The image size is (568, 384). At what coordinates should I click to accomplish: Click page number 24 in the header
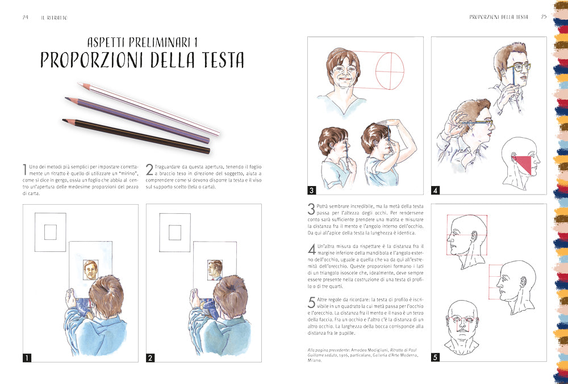tap(26, 17)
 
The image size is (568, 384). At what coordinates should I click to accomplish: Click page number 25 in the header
tap(543, 17)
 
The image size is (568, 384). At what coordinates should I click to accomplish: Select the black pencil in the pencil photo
tap(136, 136)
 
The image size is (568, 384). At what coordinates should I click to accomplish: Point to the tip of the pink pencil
tap(80, 84)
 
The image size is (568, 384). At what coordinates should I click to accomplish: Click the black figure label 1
tap(27, 357)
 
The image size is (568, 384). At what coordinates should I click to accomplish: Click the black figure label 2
tap(151, 357)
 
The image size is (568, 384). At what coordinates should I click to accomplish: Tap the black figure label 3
tap(312, 190)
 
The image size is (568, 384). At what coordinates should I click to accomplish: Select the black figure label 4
tap(436, 190)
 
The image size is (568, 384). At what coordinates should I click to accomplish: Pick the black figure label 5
tap(436, 357)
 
